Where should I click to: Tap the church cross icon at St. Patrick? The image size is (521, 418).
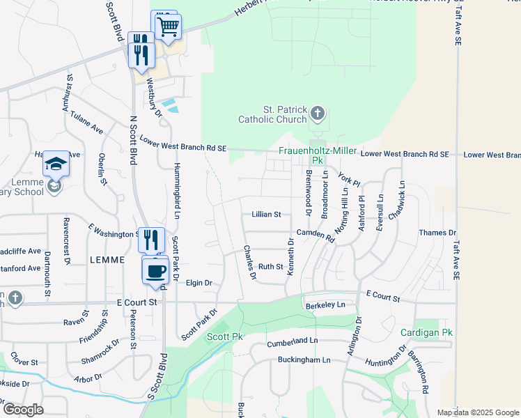point(317,114)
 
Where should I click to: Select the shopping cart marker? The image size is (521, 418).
point(168,28)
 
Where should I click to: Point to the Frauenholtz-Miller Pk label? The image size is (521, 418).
point(318,155)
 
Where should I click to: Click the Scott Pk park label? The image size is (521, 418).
point(225,337)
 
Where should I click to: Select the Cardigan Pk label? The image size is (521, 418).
point(426,332)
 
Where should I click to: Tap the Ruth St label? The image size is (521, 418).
point(270,267)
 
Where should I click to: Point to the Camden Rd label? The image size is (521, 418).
point(316,235)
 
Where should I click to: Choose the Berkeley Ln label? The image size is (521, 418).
point(325,305)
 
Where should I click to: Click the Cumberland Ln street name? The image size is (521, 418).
point(293,343)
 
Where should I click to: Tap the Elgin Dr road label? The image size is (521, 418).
point(199,283)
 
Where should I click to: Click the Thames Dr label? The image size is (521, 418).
point(437,233)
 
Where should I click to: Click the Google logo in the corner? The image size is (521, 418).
point(22,410)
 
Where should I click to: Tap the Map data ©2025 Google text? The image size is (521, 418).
point(478,412)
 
